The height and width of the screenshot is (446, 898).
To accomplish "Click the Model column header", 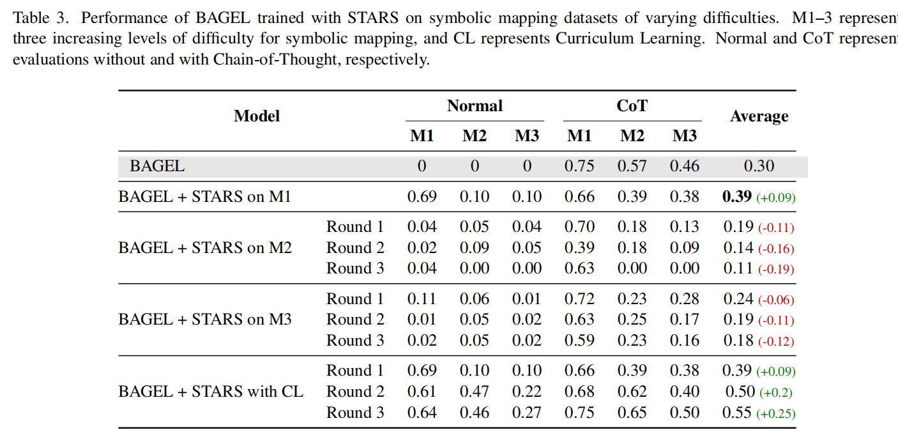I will coord(257,116).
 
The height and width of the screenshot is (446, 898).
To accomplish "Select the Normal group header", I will coord(475,106).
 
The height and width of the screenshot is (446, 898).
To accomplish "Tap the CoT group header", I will coord(632,106).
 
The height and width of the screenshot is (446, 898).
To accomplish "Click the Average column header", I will coord(759,116).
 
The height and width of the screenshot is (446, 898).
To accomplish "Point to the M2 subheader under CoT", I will coord(632,135).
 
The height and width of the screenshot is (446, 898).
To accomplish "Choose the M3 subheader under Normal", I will coord(527,135).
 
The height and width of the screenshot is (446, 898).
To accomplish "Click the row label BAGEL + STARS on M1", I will coord(204,197).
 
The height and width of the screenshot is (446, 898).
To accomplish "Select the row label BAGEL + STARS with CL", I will coord(211,391).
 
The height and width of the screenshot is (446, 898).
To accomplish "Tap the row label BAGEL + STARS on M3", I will coord(205,319).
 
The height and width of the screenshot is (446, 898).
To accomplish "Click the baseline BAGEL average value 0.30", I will coord(759,166).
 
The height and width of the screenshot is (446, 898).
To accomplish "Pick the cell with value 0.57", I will coord(632,166).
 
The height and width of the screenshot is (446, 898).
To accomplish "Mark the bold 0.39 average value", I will coord(737,197).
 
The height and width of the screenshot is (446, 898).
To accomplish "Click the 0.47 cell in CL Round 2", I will coord(475,391).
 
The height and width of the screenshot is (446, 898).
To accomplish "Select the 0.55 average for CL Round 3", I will coord(737,413).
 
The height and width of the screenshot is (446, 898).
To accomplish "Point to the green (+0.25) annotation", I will coord(776,414).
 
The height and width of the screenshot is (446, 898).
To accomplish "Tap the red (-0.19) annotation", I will coord(776,270).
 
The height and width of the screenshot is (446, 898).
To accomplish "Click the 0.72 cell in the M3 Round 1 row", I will coord(579,299).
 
